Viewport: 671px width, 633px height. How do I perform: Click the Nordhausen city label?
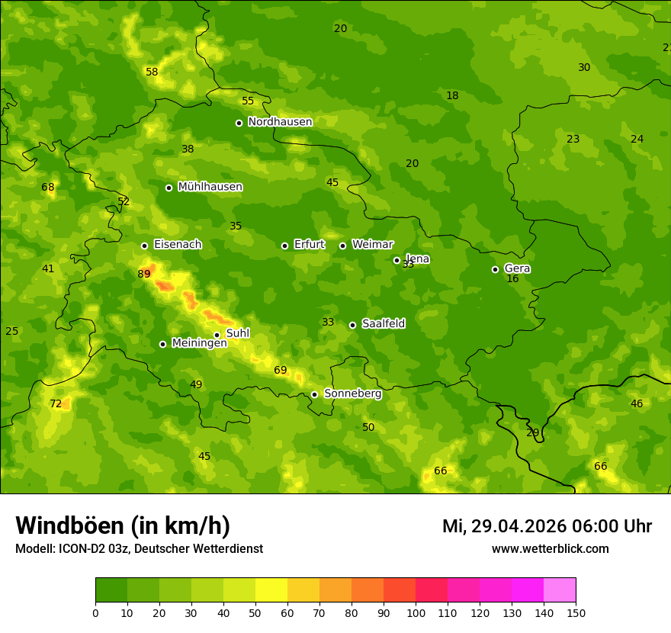click(x=280, y=122)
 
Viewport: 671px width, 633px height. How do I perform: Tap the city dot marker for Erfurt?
click(x=284, y=246)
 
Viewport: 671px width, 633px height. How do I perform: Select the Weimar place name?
click(x=372, y=245)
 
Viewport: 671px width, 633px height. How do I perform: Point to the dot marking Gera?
click(x=495, y=269)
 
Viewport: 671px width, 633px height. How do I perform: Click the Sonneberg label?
click(x=352, y=394)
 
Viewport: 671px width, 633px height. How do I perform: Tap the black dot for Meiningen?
click(x=162, y=344)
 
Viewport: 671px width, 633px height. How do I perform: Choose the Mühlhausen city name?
click(x=210, y=187)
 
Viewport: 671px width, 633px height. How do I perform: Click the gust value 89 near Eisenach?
click(x=144, y=274)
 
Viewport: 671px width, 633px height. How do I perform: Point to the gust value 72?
click(x=56, y=403)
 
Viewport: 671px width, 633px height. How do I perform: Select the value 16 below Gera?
click(x=512, y=279)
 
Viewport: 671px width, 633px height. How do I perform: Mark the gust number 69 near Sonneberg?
click(x=281, y=371)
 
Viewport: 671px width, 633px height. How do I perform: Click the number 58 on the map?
click(x=152, y=72)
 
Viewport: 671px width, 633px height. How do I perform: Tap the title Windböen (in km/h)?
click(x=123, y=525)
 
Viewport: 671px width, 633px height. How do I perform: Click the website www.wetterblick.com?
click(x=550, y=549)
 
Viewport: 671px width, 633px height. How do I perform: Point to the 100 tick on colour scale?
click(x=416, y=612)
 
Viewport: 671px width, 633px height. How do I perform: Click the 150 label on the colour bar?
click(x=576, y=612)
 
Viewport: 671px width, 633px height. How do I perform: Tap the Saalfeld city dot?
click(x=352, y=325)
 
